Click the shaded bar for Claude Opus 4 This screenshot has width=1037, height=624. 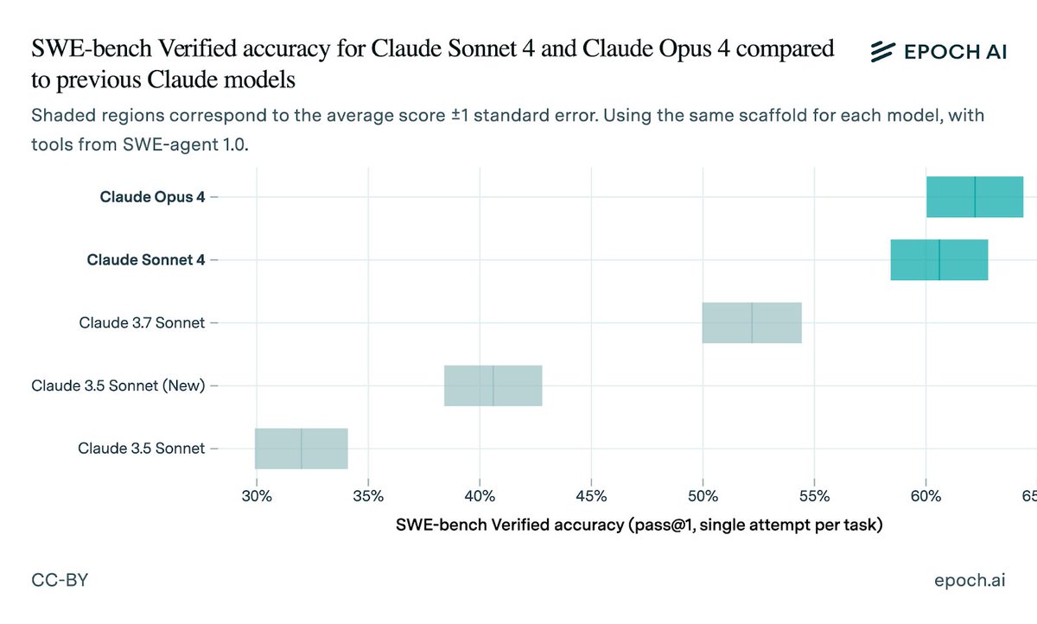coord(974,197)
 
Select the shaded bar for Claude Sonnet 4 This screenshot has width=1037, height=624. coord(938,260)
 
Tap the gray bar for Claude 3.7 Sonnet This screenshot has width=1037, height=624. coord(752,322)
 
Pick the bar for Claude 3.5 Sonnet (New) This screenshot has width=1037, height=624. coord(493,385)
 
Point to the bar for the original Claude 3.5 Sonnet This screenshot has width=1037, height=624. coord(301,448)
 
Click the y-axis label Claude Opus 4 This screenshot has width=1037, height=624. coord(152,197)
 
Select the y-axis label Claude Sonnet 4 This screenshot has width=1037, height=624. coord(146,260)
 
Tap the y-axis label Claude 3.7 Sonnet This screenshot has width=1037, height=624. coord(142,322)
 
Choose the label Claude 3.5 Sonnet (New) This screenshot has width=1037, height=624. coord(118,385)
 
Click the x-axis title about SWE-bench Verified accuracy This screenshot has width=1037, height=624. coord(639,525)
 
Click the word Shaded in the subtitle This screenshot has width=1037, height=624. coord(59,115)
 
